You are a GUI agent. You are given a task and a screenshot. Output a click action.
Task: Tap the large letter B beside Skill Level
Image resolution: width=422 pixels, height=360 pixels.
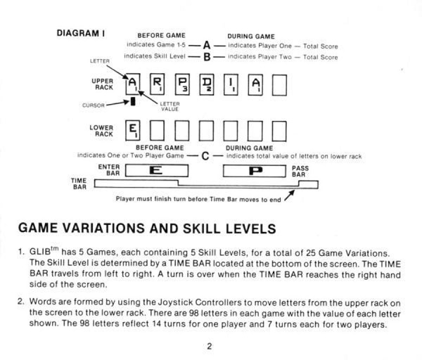pos(207,56)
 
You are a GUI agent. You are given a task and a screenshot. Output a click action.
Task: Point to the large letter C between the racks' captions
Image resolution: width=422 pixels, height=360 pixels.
pos(207,155)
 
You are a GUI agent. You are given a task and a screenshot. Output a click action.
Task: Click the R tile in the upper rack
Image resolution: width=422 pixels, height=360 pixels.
pos(158,86)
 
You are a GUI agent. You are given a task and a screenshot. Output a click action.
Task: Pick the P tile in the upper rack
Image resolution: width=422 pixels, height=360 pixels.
pos(182,86)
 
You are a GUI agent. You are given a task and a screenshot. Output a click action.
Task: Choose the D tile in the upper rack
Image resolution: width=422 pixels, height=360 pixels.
pos(207,86)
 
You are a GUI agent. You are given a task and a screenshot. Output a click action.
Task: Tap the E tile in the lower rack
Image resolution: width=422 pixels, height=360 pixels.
pos(133,131)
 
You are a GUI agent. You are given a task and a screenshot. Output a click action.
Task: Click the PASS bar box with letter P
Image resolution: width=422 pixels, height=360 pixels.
pos(255,170)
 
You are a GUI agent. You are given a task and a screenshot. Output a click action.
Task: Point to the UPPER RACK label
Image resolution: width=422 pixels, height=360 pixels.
pos(102,86)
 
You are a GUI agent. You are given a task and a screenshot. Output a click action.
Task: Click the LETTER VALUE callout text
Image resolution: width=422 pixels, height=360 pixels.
pos(170,106)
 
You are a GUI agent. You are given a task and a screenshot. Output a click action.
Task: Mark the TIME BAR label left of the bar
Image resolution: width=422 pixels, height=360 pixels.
pos(79,184)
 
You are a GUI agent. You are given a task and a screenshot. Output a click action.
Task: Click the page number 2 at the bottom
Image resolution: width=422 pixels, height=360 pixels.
pos(209,345)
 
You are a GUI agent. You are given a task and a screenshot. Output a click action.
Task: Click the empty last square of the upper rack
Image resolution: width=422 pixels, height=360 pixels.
pos(280,86)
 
